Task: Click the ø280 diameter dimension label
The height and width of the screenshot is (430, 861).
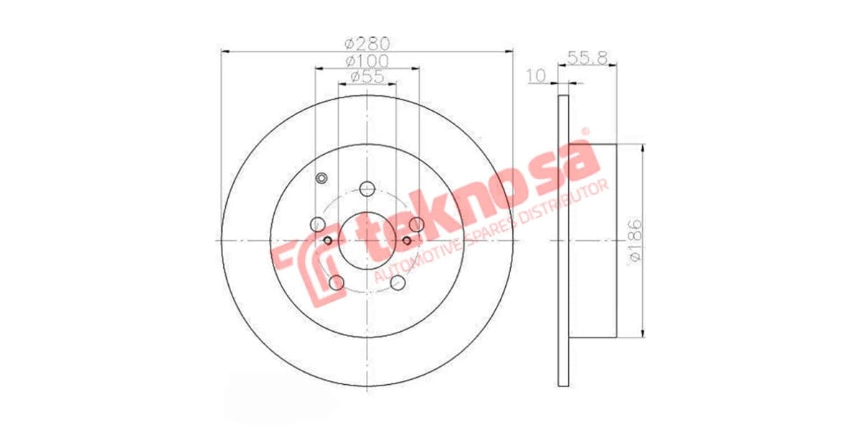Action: [x=367, y=42]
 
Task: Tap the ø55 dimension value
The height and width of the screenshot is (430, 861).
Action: [x=367, y=77]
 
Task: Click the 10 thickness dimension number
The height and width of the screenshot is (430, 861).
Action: [x=536, y=75]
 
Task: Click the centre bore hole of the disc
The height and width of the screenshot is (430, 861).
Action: [x=367, y=240]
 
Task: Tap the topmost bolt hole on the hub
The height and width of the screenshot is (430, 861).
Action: [x=367, y=188]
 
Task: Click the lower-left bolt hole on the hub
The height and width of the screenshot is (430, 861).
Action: [x=336, y=282]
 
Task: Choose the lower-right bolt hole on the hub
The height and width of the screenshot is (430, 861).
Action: [x=397, y=282]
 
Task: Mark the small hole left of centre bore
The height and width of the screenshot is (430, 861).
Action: [x=329, y=240]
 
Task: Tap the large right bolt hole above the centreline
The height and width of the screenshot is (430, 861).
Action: [x=416, y=224]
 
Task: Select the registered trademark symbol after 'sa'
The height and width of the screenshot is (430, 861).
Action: [x=585, y=132]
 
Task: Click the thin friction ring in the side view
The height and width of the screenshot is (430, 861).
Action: [x=563, y=240]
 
